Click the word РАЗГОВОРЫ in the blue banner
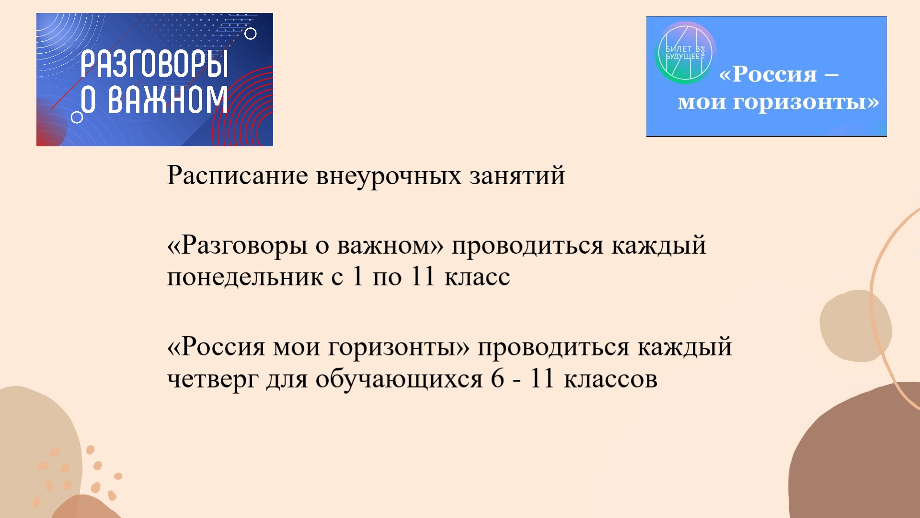coord(154,64)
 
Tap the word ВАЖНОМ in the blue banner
coord(168,100)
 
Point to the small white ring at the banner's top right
coord(251,34)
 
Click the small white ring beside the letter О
coord(77,117)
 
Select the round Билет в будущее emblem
coord(685,52)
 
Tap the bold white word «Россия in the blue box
coord(768,74)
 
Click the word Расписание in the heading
coord(237,176)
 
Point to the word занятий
coord(517,176)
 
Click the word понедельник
coord(245,277)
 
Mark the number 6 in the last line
coord(497,378)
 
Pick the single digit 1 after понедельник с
coord(357,276)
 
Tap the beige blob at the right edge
coord(856,326)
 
